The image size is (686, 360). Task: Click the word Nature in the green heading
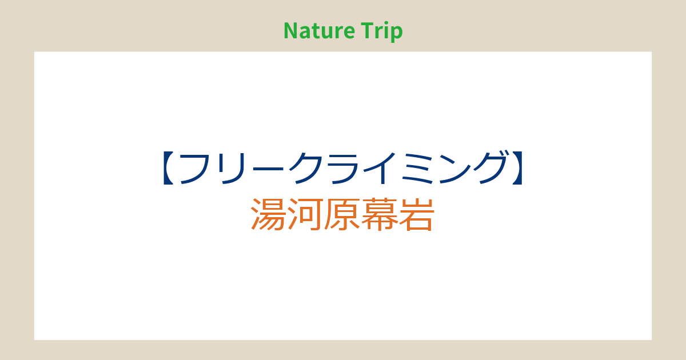pos(319,31)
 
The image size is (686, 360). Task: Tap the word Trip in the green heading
pos(382,32)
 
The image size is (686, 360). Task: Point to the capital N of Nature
pos(290,31)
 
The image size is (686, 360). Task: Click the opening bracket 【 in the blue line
pos(169,168)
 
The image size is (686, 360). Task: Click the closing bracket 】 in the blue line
pos(517,168)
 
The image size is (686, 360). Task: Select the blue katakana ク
pos(306,169)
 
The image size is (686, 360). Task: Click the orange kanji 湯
pos(269,214)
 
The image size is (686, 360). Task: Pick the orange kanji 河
pos(306,214)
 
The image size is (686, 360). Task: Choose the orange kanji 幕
pos(379,214)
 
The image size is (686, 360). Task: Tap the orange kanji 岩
pos(416,214)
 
